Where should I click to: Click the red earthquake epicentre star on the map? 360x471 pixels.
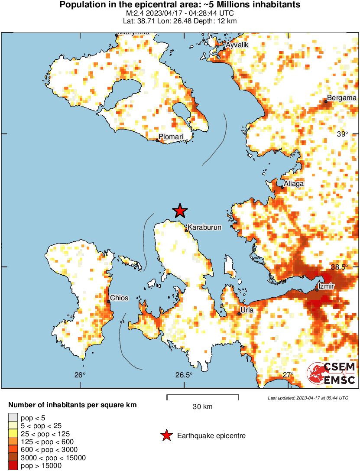[180, 211]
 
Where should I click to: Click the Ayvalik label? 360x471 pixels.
[237, 45]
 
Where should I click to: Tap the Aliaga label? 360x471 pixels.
[294, 184]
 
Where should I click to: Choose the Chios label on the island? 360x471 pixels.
[119, 298]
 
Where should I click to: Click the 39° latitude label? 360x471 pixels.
[343, 134]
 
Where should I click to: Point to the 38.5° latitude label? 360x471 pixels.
[339, 267]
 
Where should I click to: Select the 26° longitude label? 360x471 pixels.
[80, 375]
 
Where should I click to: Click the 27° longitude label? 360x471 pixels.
[289, 375]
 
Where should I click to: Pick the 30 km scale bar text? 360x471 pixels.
[203, 406]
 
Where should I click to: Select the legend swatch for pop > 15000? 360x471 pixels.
[13, 466]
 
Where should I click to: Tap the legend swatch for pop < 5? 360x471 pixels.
[13, 418]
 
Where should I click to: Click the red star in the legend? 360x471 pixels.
[166, 435]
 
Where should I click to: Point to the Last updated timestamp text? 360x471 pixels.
[308, 398]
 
